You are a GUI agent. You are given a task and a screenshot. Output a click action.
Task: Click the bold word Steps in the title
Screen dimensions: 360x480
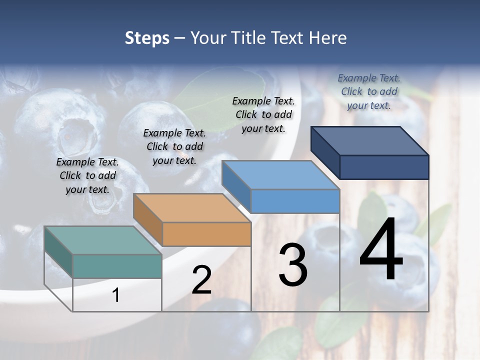tap(147, 38)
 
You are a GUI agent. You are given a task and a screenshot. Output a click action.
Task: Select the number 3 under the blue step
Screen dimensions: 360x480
tap(293, 265)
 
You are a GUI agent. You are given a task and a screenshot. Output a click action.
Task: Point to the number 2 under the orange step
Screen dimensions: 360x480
tap(201, 280)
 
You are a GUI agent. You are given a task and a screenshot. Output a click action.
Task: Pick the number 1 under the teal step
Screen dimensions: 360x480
tap(116, 295)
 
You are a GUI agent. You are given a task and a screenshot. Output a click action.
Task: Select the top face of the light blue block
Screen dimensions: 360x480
tap(280, 175)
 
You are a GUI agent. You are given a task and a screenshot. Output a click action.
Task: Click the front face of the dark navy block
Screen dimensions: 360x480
tap(384, 167)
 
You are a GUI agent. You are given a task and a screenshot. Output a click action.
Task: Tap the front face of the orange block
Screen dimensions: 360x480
tap(206, 234)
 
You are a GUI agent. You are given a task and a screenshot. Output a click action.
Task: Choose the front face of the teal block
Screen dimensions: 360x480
tap(117, 266)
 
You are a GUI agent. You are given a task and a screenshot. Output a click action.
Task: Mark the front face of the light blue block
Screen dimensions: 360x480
tap(295, 201)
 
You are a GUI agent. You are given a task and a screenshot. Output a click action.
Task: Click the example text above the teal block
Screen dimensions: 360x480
tap(87, 176)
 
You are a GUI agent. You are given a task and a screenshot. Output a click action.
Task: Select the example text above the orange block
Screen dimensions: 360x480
tap(174, 147)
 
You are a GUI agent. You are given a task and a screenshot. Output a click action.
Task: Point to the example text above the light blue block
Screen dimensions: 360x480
tap(263, 115)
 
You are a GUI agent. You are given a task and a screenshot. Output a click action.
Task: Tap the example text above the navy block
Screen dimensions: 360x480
tap(369, 92)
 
